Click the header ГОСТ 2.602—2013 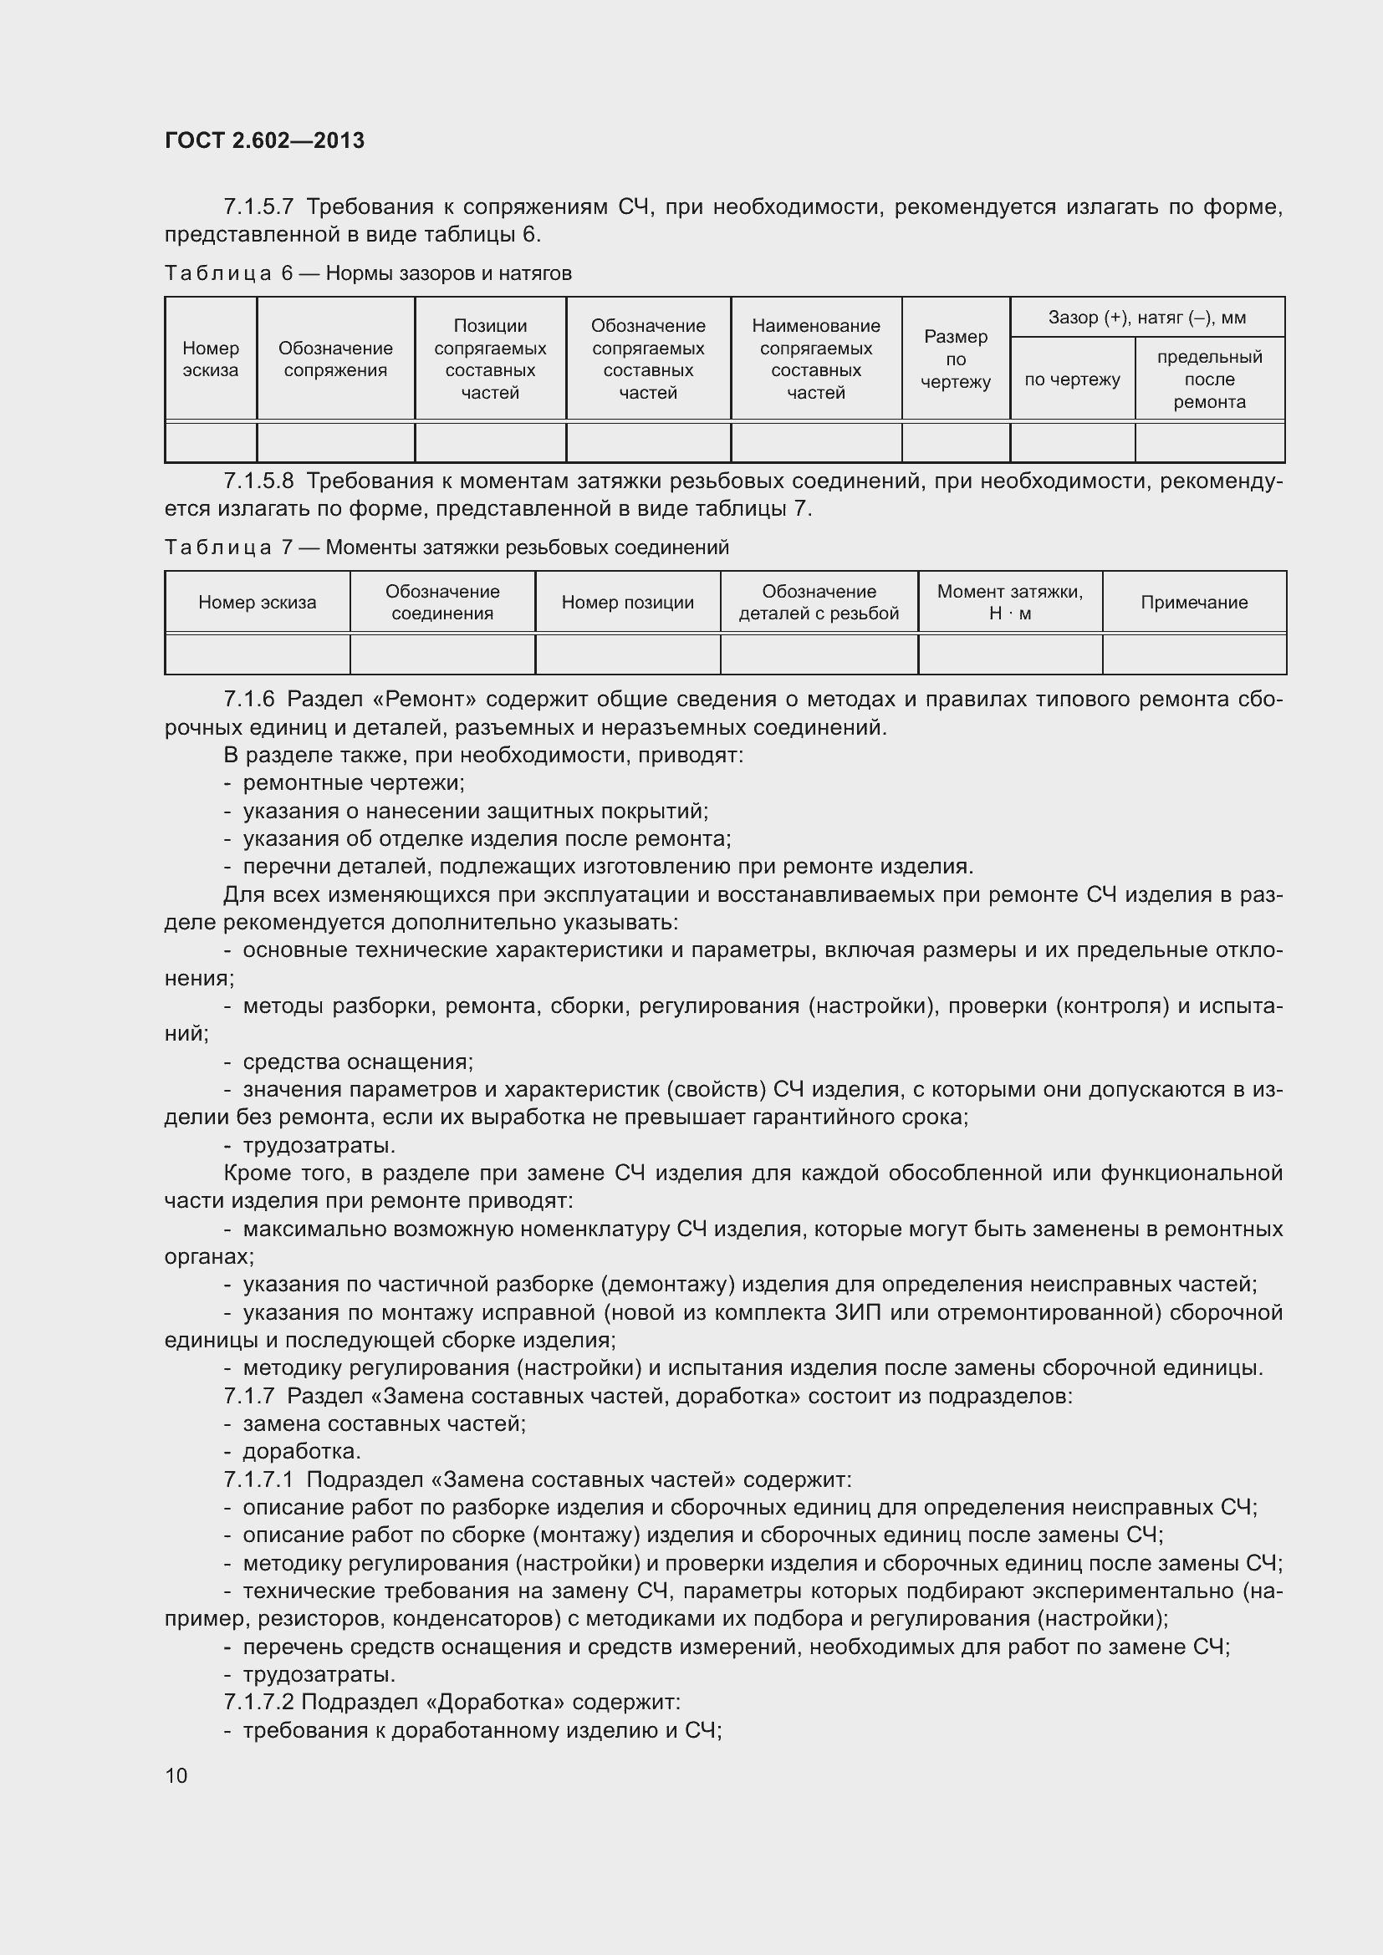(x=264, y=140)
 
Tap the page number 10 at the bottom (x=176, y=1774)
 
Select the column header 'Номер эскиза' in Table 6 (x=211, y=359)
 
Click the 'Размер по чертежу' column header (x=956, y=359)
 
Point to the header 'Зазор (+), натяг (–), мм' (x=1146, y=318)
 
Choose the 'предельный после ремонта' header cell (x=1208, y=379)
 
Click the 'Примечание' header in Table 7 (x=1193, y=603)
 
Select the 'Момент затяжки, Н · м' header (x=1009, y=603)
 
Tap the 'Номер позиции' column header (x=628, y=603)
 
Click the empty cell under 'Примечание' (x=1193, y=654)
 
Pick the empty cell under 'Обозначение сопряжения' (x=335, y=442)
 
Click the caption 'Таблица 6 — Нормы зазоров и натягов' (x=368, y=273)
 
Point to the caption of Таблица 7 (x=447, y=547)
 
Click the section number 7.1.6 (x=248, y=700)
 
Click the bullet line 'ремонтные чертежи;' (x=354, y=782)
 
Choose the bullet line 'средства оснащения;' (x=358, y=1062)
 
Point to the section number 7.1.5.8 (x=258, y=482)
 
